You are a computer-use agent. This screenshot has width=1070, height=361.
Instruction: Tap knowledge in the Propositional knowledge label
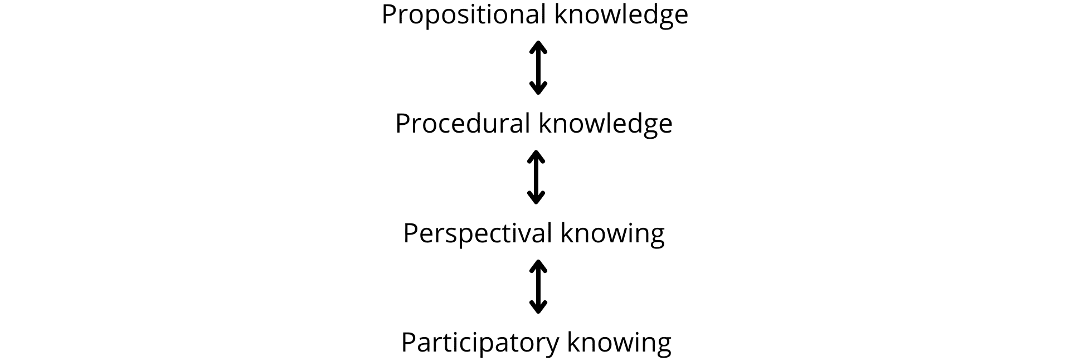point(621,15)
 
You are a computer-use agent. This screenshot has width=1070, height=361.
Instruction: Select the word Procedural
point(462,123)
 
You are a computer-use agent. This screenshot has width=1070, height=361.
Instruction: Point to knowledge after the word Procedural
point(605,124)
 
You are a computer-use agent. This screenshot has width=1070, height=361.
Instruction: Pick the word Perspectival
point(478,233)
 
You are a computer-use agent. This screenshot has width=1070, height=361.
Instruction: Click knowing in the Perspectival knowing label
point(612,233)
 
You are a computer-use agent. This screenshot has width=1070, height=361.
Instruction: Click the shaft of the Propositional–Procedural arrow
point(538,67)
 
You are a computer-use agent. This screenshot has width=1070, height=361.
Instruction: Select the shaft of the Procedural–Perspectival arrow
point(536,177)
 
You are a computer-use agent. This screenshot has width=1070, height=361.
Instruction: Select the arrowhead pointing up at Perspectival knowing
point(538,266)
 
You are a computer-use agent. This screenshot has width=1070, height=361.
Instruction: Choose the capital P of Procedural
point(403,124)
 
